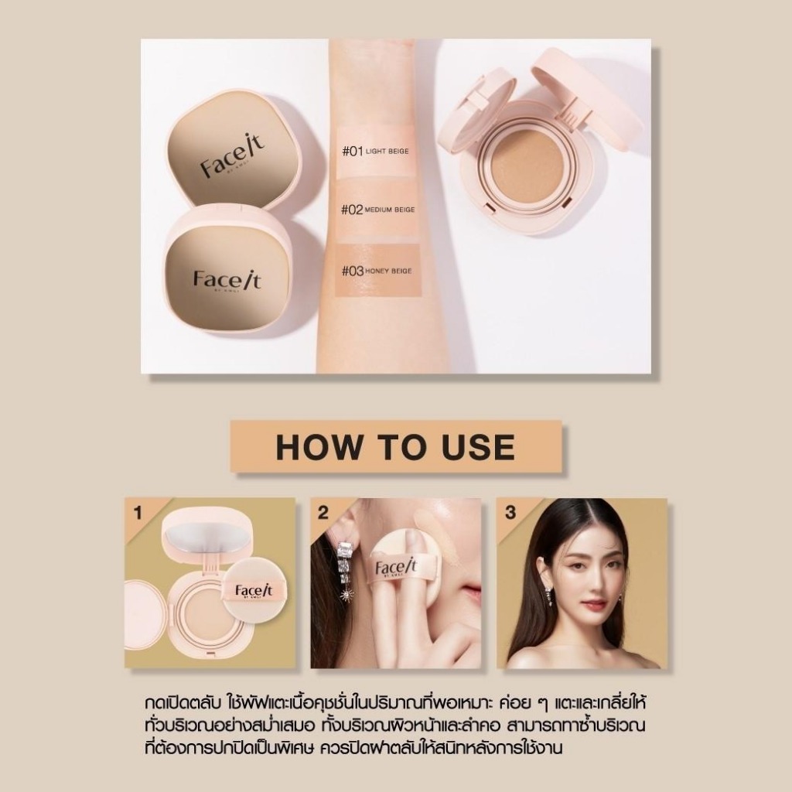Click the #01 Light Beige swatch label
pos(375,151)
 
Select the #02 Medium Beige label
pos(377,209)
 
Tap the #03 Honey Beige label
pos(377,271)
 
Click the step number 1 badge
pos(138,514)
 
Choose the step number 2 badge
pos(323,513)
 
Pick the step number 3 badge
pos(510,513)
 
